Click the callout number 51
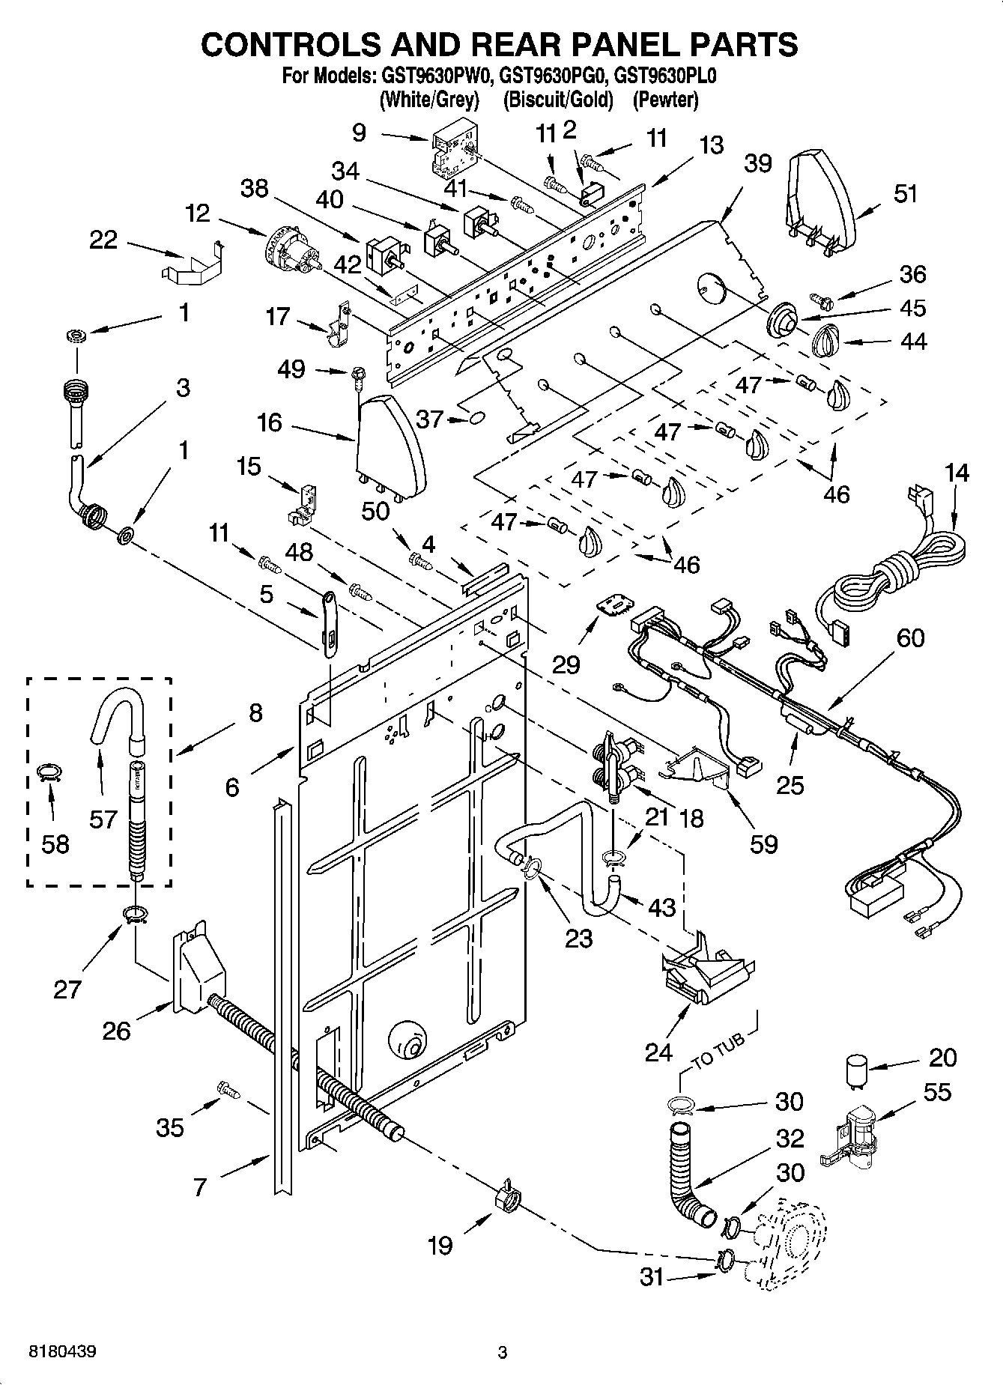coord(905,193)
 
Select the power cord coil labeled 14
coord(899,569)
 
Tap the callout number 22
coord(103,240)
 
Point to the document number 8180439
coord(62,1352)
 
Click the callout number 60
coord(910,638)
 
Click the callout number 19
coord(440,1244)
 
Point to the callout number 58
coord(55,843)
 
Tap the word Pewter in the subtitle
coord(665,100)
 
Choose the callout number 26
coord(117,1031)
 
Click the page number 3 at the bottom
coord(503,1352)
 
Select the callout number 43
coord(661,907)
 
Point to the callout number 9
coord(359,133)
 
